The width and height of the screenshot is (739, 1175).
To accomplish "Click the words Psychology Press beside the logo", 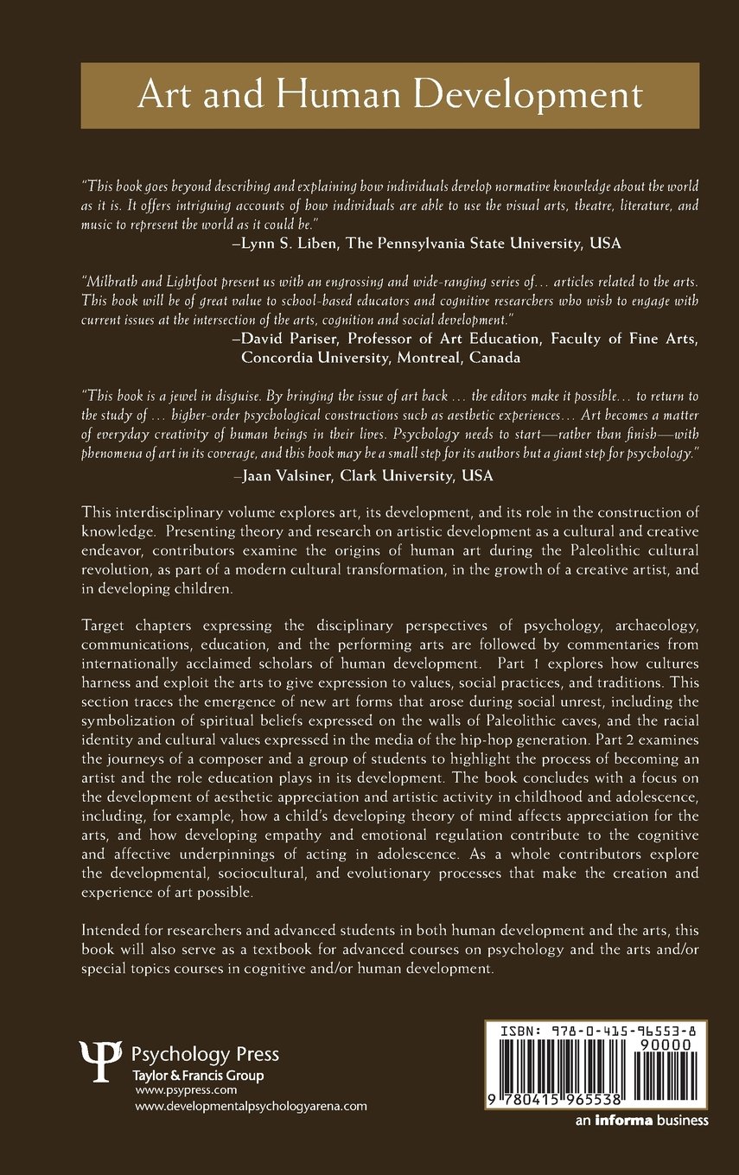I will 205,1054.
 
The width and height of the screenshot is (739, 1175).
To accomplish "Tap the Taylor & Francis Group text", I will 198,1076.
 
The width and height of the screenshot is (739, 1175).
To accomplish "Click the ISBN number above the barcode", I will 596,1031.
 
